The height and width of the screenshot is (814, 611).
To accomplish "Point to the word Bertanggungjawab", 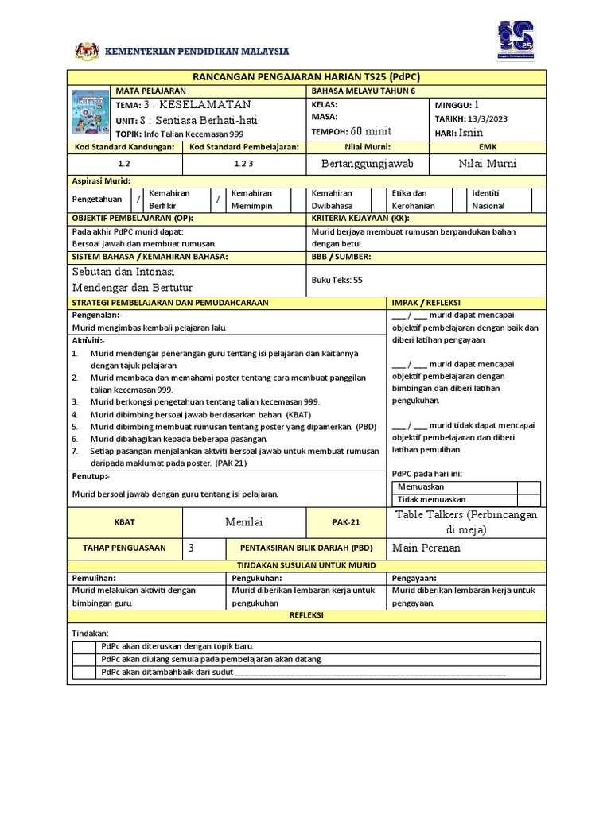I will (x=368, y=163).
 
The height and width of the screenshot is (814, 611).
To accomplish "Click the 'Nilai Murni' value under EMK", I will (x=488, y=163).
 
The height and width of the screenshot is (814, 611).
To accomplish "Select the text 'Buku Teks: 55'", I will (x=337, y=280).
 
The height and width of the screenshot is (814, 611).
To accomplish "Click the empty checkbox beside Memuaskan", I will (x=528, y=486).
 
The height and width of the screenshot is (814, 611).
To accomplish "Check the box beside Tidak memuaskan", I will (x=528, y=499).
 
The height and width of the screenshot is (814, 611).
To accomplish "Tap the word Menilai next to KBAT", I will (x=245, y=521).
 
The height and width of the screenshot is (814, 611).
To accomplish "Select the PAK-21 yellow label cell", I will (x=346, y=522).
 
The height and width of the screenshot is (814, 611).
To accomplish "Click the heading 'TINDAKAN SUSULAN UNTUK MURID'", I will (x=306, y=564).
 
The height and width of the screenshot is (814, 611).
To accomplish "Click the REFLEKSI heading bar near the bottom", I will (x=306, y=615).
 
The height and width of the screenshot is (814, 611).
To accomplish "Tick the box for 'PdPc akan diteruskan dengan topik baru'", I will (x=84, y=646).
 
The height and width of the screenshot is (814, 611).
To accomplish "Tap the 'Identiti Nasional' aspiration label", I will (x=492, y=200).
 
